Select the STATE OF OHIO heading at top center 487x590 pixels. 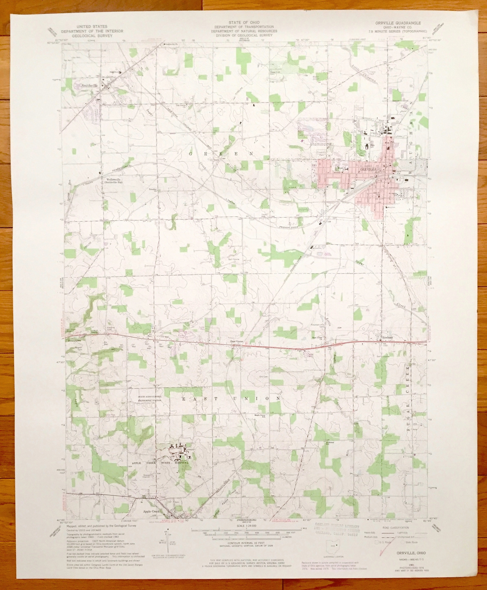[244, 22]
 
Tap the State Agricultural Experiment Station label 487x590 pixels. [150, 398]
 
